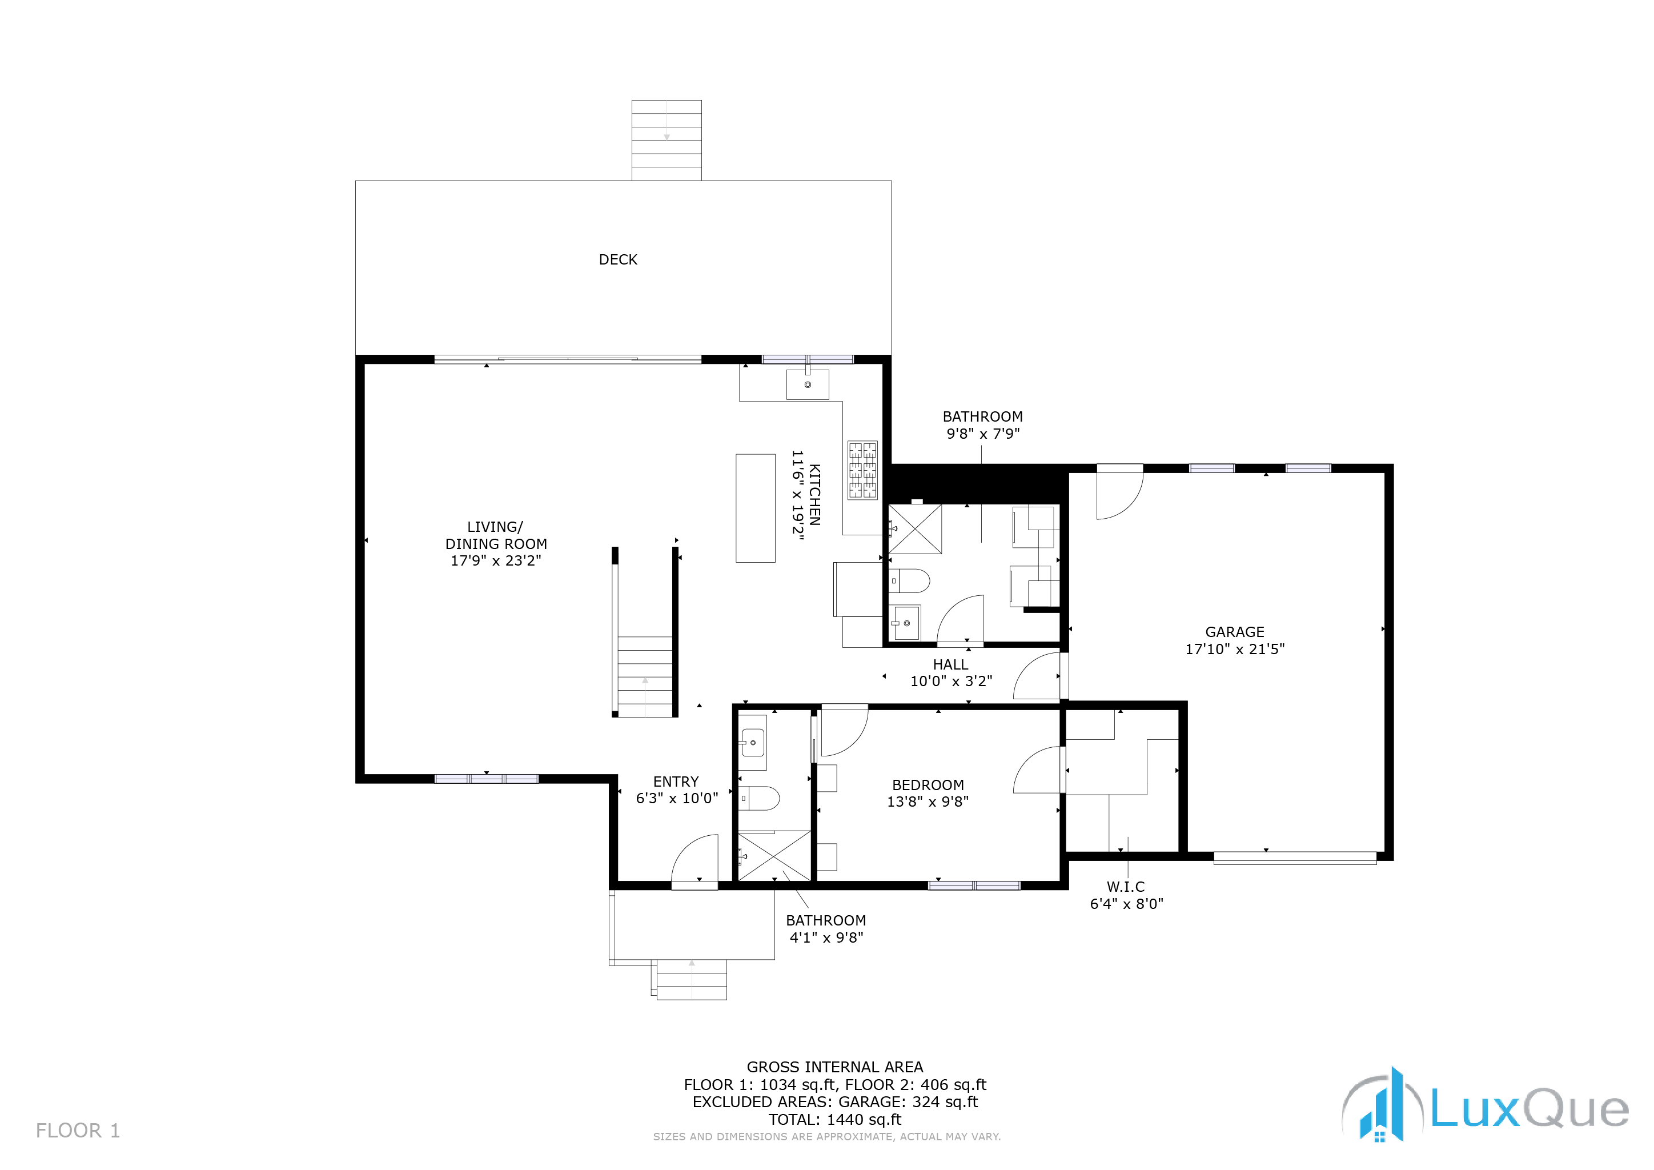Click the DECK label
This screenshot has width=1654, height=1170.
click(618, 259)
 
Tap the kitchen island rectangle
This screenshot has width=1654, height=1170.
click(755, 508)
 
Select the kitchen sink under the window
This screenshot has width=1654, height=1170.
click(808, 384)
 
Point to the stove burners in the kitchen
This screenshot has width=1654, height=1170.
click(862, 470)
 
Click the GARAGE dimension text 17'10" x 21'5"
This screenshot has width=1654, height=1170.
click(1235, 649)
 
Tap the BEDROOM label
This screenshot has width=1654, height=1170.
click(928, 786)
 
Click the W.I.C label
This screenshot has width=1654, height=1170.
click(1126, 887)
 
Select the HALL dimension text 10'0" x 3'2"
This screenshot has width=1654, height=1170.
click(951, 682)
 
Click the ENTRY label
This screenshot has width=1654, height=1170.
click(676, 782)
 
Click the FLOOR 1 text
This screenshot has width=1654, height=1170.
click(78, 1131)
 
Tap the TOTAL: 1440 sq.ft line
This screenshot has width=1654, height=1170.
click(835, 1120)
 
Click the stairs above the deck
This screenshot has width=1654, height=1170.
click(667, 141)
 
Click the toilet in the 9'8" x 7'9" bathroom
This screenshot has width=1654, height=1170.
click(909, 580)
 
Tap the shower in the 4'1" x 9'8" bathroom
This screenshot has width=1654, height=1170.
click(774, 855)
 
